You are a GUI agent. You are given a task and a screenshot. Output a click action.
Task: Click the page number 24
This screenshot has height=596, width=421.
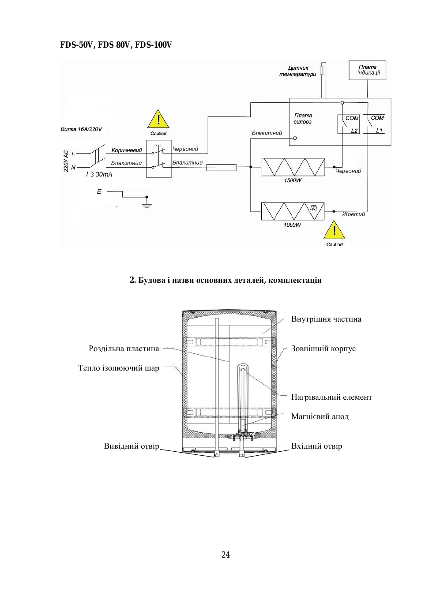[x=226, y=555]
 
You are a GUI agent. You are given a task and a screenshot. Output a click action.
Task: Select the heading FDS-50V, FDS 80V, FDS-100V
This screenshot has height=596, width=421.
[x=116, y=45]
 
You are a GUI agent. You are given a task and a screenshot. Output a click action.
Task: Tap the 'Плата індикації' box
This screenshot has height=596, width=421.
[x=367, y=70]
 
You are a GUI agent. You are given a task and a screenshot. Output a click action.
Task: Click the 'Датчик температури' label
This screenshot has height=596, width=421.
[x=298, y=71]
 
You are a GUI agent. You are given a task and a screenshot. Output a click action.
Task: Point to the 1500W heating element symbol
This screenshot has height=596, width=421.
[x=293, y=167]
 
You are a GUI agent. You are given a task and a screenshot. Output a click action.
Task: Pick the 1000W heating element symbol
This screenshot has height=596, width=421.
[x=293, y=211]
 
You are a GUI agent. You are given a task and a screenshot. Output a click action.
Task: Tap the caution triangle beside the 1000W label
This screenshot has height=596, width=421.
[x=334, y=230]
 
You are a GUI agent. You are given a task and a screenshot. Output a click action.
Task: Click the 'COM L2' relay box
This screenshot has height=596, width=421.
[x=349, y=124]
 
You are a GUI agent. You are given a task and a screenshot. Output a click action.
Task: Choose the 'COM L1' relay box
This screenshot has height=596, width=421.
[x=374, y=124]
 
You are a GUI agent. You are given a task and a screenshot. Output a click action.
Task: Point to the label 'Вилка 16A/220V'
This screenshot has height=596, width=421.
[x=81, y=129]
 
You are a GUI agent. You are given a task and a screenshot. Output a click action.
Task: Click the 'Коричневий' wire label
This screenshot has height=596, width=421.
[x=127, y=150]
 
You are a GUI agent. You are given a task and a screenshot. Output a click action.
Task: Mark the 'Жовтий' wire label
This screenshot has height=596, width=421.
[x=353, y=214]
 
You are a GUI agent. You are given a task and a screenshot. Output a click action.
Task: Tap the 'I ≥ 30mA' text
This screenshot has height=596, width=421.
[x=99, y=175]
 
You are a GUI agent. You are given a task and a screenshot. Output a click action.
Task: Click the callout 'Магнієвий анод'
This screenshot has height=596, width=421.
[x=320, y=416]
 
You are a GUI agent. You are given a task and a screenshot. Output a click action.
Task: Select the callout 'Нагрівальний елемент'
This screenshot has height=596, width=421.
[x=331, y=397]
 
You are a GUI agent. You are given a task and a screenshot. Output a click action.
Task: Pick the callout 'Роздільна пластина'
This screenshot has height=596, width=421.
[x=124, y=349]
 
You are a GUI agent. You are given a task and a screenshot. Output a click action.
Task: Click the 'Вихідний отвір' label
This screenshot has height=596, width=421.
[x=132, y=446]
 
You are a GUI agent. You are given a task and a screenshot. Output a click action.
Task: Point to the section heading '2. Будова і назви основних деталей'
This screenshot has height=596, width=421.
[x=226, y=280]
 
